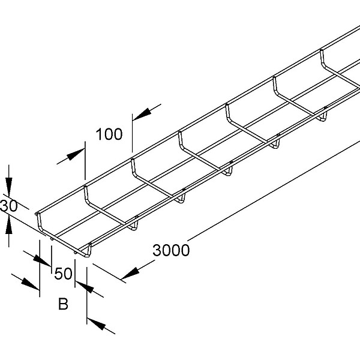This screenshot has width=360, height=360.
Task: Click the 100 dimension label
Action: [109, 133]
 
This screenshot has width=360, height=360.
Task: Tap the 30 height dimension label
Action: [8, 206]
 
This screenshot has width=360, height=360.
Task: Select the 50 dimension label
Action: [64, 274]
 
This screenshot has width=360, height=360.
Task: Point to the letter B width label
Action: [63, 305]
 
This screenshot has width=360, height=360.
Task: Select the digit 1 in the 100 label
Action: [99, 133]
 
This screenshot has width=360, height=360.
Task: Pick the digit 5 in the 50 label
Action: [59, 274]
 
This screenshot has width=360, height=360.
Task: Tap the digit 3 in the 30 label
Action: [4, 206]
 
